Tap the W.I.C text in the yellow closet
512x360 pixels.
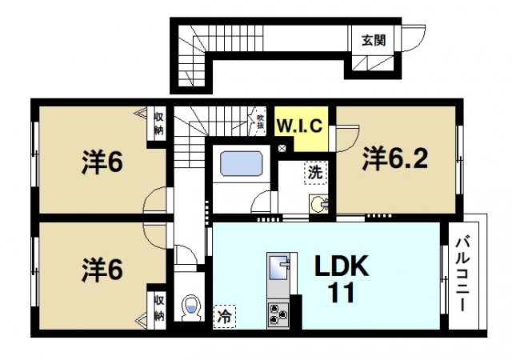tap(299, 126)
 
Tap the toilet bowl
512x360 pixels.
tap(192, 307)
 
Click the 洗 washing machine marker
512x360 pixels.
tap(316, 171)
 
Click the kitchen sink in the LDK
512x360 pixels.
tap(280, 270)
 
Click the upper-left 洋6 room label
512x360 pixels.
tap(102, 162)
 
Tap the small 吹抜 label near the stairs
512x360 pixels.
tap(261, 120)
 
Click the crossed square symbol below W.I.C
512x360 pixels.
tap(282, 149)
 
